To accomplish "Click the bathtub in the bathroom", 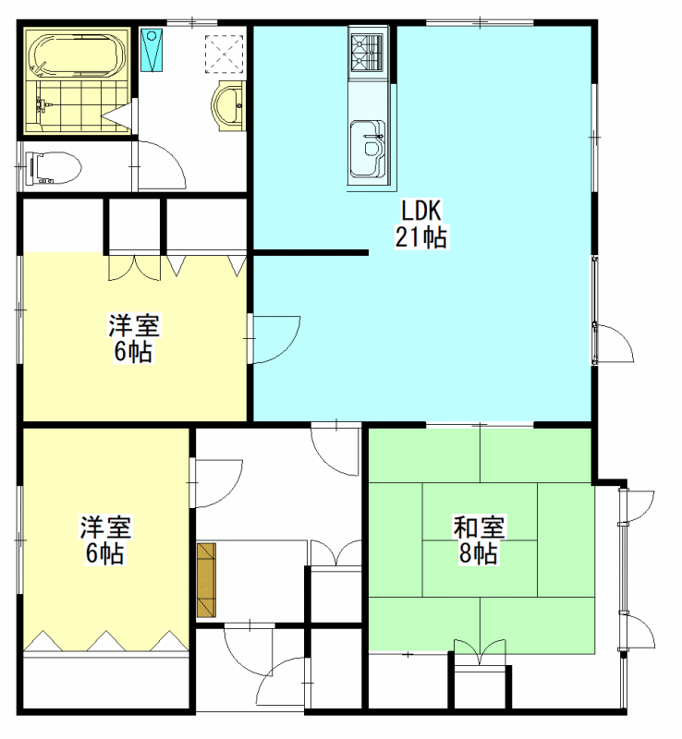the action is [x=78, y=55].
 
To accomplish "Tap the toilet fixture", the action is [x=54, y=167].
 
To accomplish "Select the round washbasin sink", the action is [x=228, y=105].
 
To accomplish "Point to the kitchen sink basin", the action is [x=368, y=149].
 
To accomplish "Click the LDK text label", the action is [x=420, y=211].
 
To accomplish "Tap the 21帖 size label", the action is [x=420, y=236].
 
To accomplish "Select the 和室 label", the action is [x=479, y=527].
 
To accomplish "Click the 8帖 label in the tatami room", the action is [x=479, y=552].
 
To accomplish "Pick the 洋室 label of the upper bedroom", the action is [x=134, y=325].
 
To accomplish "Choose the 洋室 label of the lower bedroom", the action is [x=105, y=527].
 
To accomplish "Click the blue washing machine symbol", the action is [x=152, y=50].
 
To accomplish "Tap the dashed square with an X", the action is [x=224, y=54].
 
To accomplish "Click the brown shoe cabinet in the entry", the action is [x=206, y=580].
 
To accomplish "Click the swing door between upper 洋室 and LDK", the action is [x=276, y=339].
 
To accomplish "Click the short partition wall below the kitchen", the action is [x=310, y=253].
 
